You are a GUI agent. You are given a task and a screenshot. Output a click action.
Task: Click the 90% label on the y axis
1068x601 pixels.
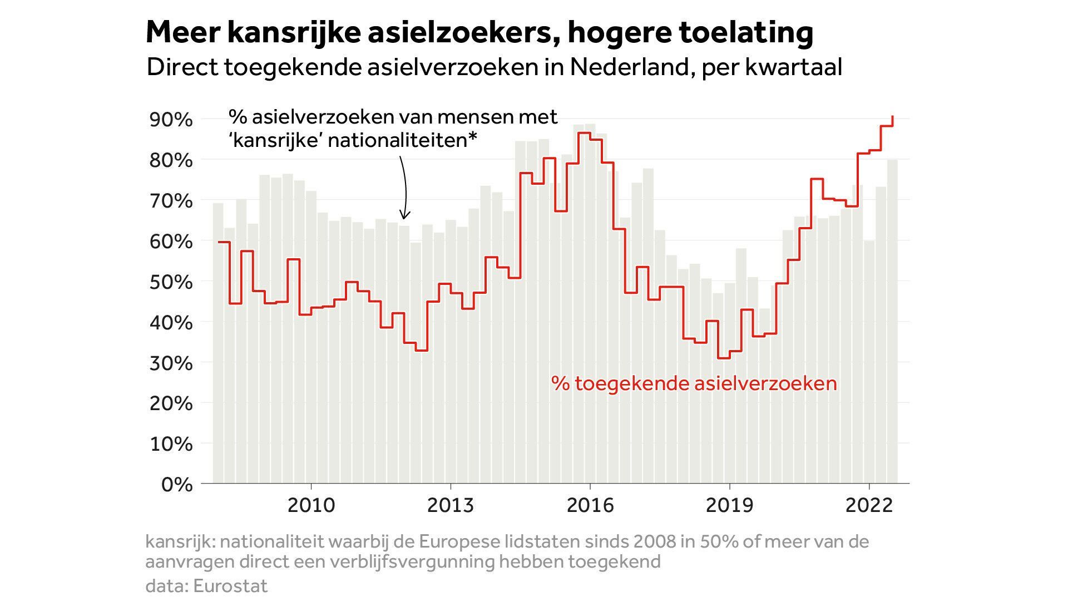pyautogui.click(x=171, y=120)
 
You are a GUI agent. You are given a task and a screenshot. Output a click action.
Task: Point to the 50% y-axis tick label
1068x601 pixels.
pyautogui.click(x=171, y=282)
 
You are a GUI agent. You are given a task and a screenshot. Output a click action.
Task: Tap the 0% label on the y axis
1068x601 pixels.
pyautogui.click(x=177, y=485)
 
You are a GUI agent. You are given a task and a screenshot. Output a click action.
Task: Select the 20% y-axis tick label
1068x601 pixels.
pyautogui.click(x=171, y=403)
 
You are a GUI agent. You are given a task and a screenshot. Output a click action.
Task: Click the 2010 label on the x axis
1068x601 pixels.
pyautogui.click(x=311, y=505)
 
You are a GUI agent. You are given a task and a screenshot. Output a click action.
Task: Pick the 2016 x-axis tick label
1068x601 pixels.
pyautogui.click(x=590, y=505)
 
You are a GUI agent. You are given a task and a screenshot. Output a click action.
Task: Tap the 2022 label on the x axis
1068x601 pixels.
pyautogui.click(x=869, y=505)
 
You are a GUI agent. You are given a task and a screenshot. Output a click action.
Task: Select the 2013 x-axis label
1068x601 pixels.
pyautogui.click(x=451, y=505)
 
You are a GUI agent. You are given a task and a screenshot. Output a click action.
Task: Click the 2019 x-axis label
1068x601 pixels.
pyautogui.click(x=729, y=505)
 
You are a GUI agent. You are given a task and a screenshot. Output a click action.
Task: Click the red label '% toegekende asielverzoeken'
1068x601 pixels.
pyautogui.click(x=694, y=383)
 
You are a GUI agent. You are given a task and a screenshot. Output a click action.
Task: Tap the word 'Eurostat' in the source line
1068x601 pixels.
pyautogui.click(x=230, y=586)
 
